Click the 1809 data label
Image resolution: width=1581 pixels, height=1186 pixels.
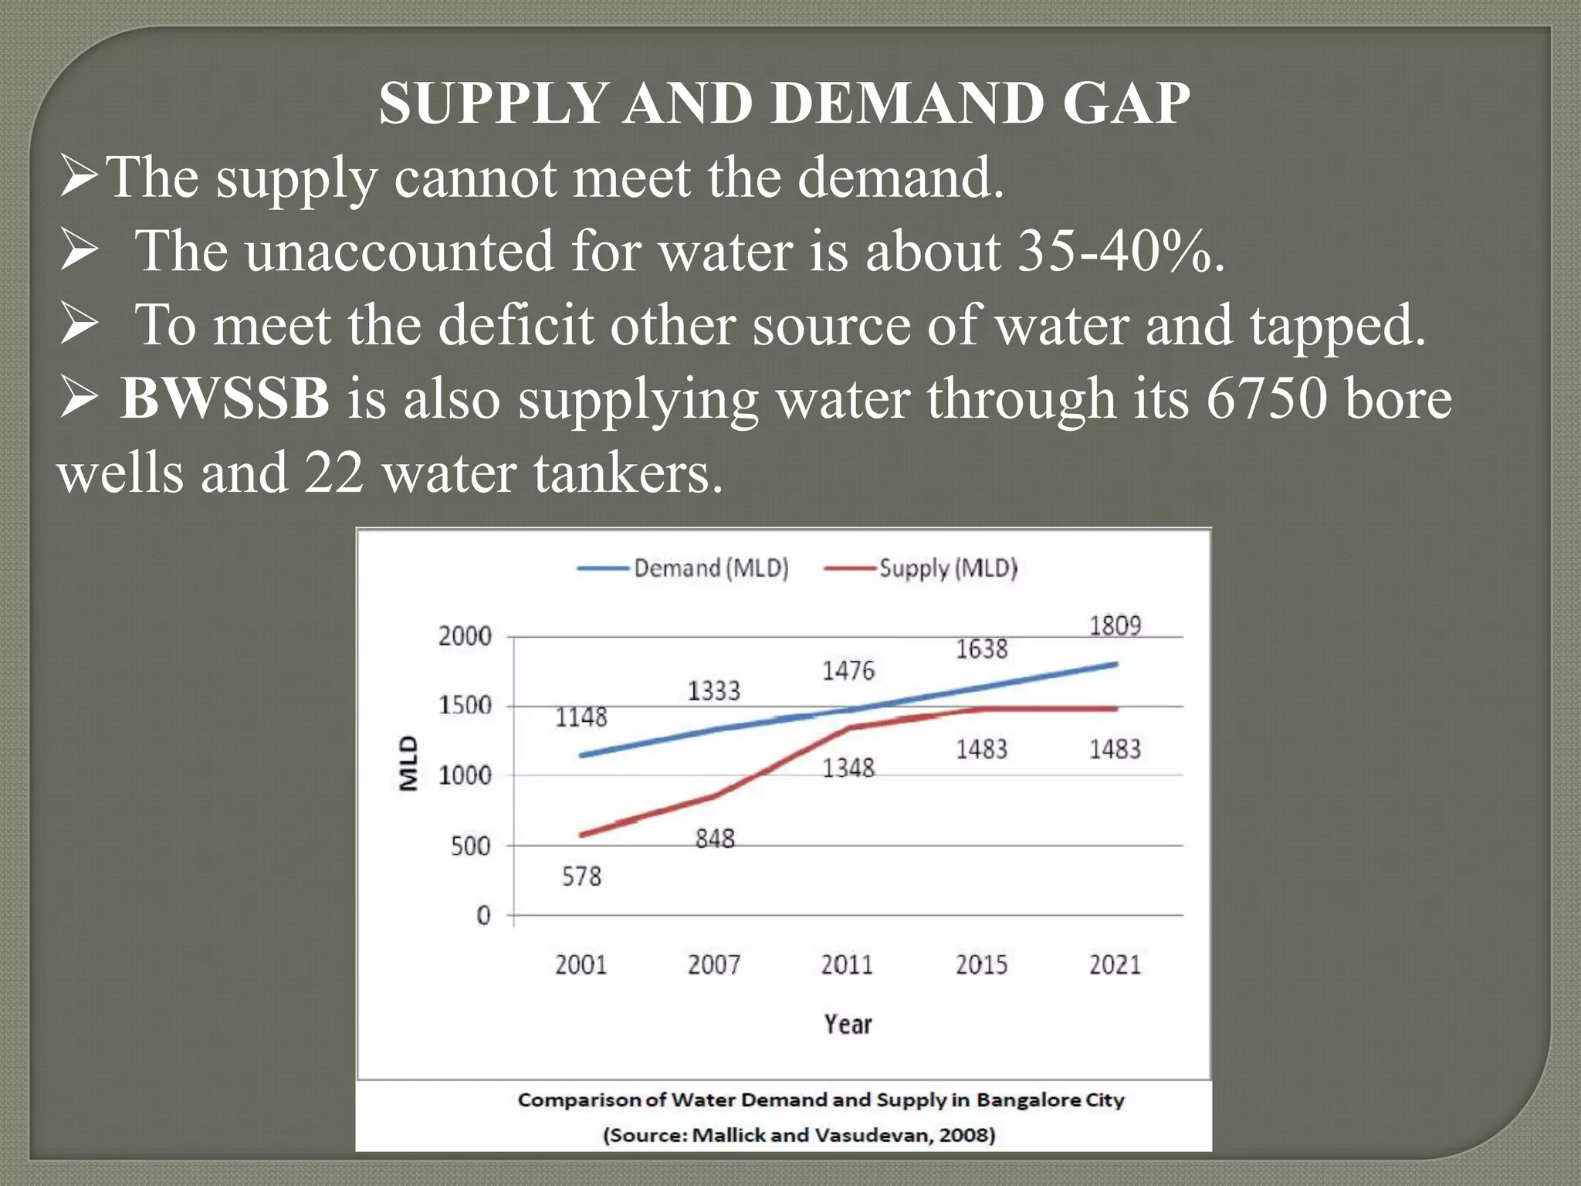coord(1115,625)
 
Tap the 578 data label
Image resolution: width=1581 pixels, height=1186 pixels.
coord(581,877)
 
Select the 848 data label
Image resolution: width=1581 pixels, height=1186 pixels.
coord(715,839)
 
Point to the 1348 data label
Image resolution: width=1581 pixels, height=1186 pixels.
coord(848,768)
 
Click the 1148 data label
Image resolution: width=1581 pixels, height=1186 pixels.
coord(581,718)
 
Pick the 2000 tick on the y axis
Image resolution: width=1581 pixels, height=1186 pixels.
coord(465,637)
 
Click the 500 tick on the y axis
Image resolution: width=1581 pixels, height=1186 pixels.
coord(470,846)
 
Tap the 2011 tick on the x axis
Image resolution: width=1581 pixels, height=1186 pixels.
coord(847,965)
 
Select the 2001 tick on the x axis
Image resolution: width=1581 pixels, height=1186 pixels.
coord(581,965)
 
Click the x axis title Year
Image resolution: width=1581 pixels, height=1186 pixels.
coord(847,1025)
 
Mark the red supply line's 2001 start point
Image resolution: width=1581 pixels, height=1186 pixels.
coord(581,835)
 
